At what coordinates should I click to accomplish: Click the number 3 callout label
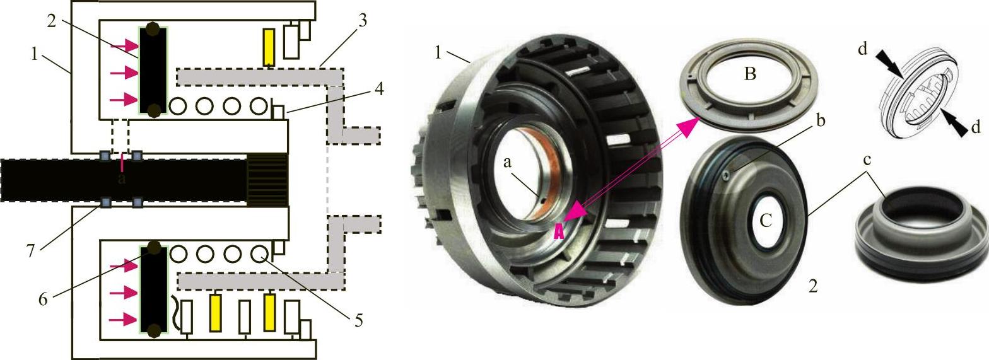(363, 21)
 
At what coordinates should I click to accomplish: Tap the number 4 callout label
(378, 89)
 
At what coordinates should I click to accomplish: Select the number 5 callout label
(358, 320)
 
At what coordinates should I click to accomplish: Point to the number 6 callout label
(43, 299)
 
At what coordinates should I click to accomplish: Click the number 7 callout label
(31, 251)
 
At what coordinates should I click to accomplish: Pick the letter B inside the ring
(750, 74)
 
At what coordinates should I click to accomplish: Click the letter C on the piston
(766, 219)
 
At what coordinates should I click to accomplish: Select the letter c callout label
(867, 160)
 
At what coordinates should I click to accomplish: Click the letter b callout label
(821, 120)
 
